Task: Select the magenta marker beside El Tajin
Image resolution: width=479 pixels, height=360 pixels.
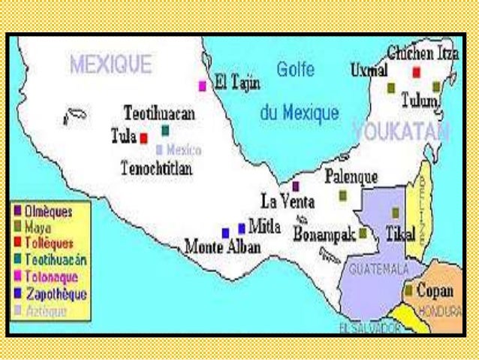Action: (x=202, y=86)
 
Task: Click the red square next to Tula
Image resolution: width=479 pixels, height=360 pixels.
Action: (x=143, y=138)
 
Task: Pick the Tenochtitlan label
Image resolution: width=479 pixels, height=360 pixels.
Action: (x=156, y=168)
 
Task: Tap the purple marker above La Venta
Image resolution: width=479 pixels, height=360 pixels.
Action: (x=296, y=186)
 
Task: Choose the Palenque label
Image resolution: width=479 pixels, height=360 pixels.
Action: (x=351, y=177)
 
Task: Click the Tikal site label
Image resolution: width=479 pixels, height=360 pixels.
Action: (x=399, y=234)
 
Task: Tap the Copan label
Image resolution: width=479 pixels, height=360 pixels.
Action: (x=435, y=289)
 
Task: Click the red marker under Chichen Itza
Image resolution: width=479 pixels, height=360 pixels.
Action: (x=416, y=72)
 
